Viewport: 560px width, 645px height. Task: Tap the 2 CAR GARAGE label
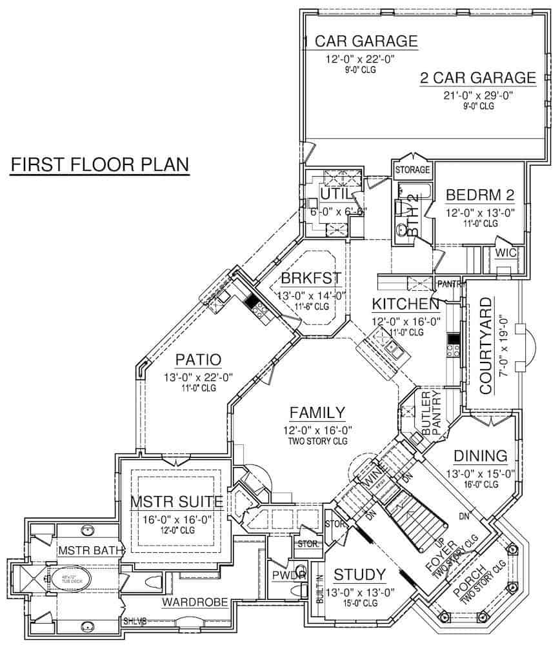coord(477,78)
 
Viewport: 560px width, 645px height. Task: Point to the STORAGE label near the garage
coord(412,170)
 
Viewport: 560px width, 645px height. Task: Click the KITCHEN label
coord(406,303)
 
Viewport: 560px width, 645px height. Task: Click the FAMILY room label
coord(317,413)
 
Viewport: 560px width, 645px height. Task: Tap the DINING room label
coord(480,455)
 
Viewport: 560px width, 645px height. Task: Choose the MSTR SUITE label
coord(177,501)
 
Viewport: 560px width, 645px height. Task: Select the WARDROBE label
coord(194,603)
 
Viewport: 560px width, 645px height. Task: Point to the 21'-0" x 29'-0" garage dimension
coord(477,95)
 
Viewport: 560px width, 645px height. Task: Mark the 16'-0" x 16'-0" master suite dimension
coord(177,519)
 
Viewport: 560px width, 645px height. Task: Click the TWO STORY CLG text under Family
coord(317,441)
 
